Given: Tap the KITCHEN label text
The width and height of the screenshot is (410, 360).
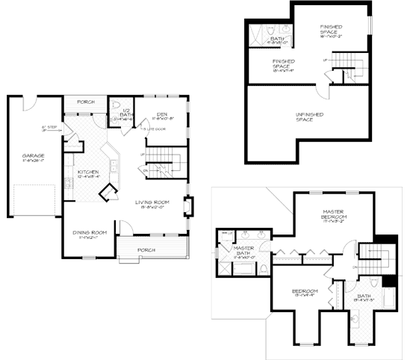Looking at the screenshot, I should point(89,173).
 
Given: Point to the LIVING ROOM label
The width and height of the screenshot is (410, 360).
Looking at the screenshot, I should point(155,203).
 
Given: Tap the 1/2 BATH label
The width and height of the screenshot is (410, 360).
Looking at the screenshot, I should point(125,113).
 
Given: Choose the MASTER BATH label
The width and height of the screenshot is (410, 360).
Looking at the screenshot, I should point(244,251).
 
